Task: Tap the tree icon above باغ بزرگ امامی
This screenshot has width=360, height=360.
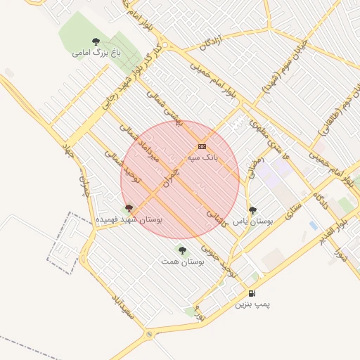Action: tap(96, 41)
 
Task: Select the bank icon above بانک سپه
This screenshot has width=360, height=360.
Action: tap(202, 146)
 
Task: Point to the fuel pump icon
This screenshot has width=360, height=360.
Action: tap(252, 293)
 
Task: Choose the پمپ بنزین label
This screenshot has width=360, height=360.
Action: tap(252, 304)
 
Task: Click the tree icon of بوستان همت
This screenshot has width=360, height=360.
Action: tap(182, 250)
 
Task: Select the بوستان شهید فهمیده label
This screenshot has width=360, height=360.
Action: tap(129, 219)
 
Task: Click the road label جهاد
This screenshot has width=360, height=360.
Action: tap(68, 149)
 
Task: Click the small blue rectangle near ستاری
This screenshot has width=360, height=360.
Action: tap(313, 225)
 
